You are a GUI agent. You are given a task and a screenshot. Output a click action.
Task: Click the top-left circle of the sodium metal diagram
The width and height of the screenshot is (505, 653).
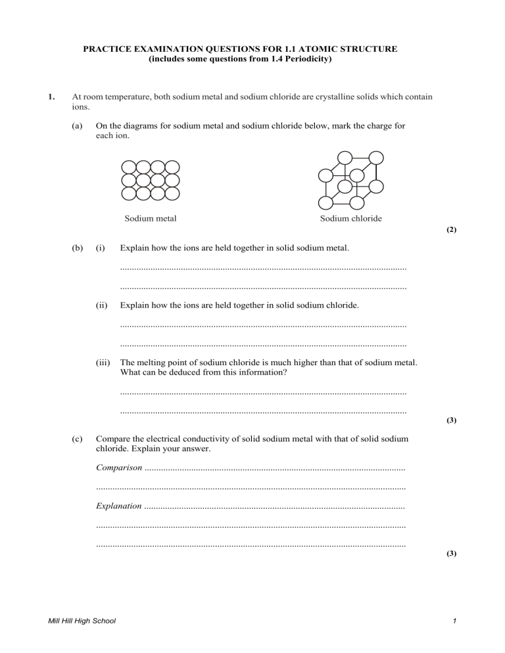pyautogui.click(x=129, y=166)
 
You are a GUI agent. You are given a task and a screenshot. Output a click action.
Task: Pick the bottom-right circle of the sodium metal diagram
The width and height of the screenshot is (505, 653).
pyautogui.click(x=172, y=194)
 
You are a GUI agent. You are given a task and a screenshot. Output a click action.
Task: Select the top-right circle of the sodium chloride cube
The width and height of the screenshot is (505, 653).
pyautogui.click(x=375, y=158)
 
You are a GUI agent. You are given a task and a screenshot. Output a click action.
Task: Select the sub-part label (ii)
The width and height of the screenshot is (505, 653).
pyautogui.click(x=101, y=305)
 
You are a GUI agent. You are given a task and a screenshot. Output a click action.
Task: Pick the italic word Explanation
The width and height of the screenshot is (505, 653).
pyautogui.click(x=118, y=507)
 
